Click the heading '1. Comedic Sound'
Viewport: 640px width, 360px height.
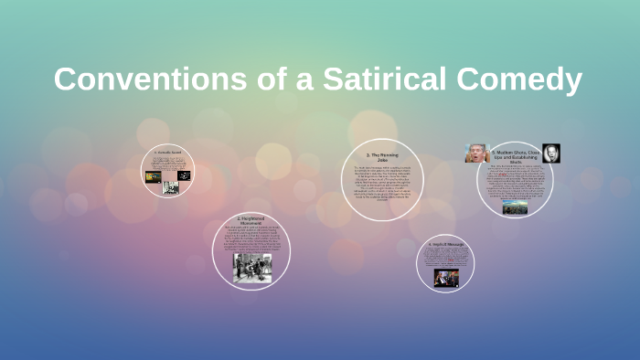pos(168,153)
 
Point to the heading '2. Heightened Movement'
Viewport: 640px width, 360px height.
pos(251,221)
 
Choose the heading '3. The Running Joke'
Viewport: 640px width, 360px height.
pos(383,157)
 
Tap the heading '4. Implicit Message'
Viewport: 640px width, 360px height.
pos(445,245)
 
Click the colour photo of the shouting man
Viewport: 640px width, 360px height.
pos(476,154)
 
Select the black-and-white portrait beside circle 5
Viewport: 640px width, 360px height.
pos(551,153)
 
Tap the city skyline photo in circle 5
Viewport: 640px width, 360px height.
pos(515,207)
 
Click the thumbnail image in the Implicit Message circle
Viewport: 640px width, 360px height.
pos(445,278)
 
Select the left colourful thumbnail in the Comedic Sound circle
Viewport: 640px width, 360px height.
pos(153,176)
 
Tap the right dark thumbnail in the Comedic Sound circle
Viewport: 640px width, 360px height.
pos(184,175)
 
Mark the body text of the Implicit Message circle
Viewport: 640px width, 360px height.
pos(445,259)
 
